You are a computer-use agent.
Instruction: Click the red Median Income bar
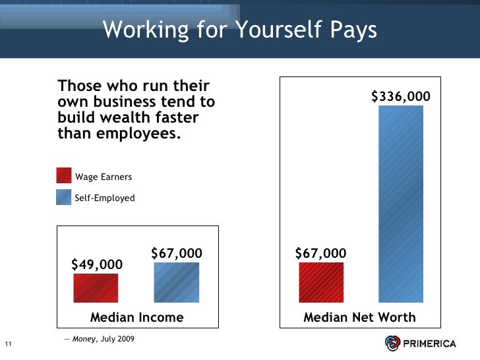coord(96,288)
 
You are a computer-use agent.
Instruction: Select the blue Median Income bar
coord(176,283)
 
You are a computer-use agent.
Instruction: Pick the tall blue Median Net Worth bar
coord(401,204)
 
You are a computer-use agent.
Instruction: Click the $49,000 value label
coord(97,264)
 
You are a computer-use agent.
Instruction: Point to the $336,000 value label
coord(401,97)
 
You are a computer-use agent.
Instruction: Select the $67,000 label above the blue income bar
coord(177,254)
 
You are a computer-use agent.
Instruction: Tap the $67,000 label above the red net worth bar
coord(320,254)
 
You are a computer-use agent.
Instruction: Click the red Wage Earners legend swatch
coord(64,176)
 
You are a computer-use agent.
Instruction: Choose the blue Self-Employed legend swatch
coord(64,197)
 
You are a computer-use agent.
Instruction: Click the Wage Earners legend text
coord(104,177)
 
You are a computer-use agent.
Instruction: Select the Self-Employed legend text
coord(105,198)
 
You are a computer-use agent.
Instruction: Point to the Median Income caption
coord(137,317)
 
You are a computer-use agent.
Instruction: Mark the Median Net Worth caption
coord(359,317)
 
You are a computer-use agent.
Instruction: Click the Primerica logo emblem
coord(394,343)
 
